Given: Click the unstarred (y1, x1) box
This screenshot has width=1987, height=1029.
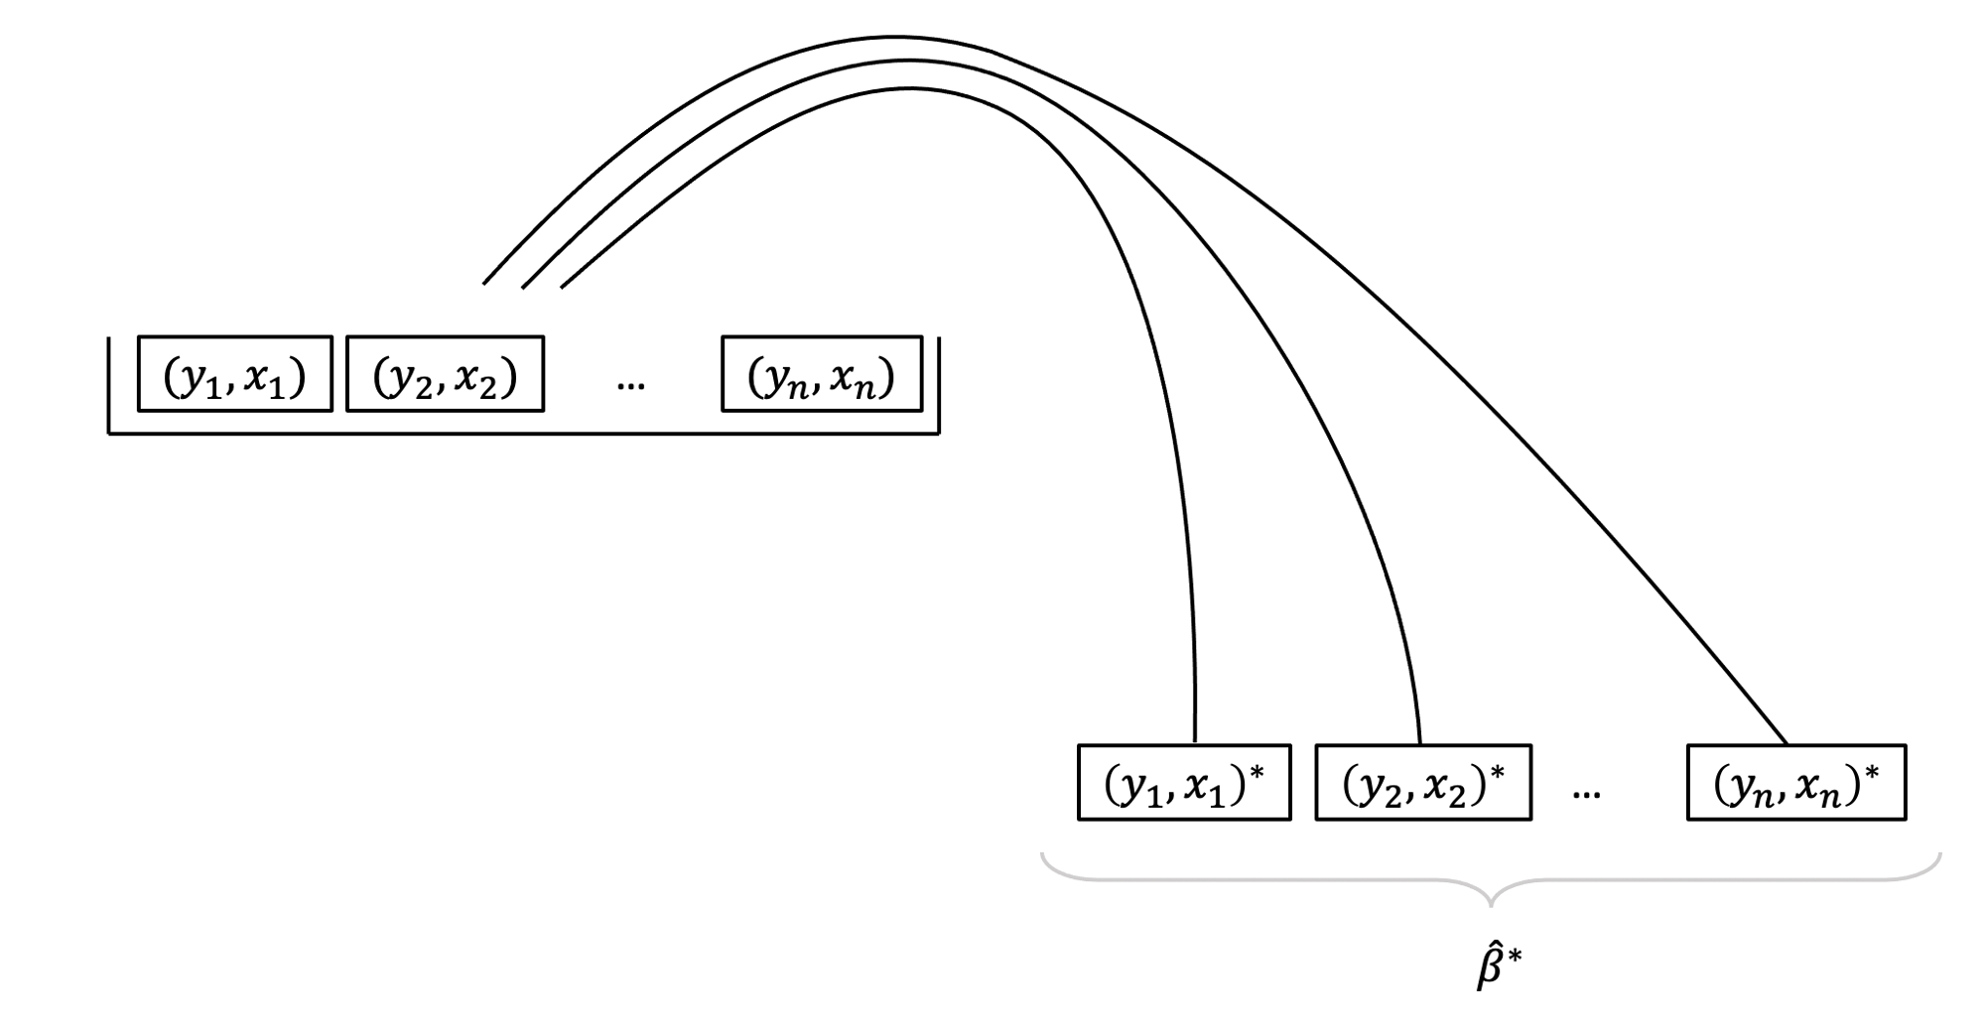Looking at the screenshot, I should (235, 374).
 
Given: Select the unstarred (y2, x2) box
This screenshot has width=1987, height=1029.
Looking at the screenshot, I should (445, 374).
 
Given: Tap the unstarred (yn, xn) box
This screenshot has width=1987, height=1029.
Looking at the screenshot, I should (822, 374).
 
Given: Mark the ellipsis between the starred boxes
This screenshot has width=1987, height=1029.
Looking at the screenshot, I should (1586, 793).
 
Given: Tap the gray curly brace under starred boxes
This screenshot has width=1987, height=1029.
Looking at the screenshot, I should (1491, 881).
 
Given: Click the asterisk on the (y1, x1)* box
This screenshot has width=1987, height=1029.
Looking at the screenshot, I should (1258, 770).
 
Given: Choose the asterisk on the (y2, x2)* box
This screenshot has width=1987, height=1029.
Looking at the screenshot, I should (1498, 770).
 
